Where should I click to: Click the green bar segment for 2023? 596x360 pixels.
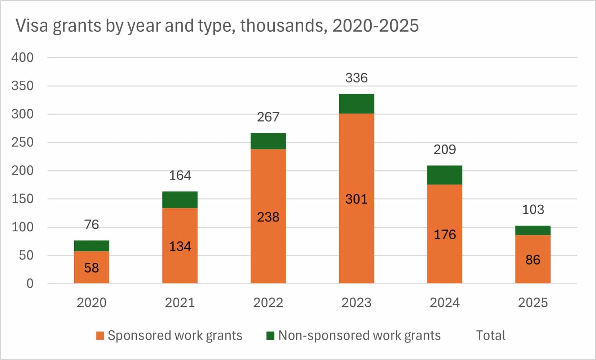pyautogui.click(x=356, y=104)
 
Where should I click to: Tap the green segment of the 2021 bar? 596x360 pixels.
pyautogui.click(x=180, y=200)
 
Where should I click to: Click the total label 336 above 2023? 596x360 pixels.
pyautogui.click(x=356, y=78)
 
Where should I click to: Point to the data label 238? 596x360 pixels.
pyautogui.click(x=268, y=217)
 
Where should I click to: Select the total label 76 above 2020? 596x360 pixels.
pyautogui.click(x=92, y=225)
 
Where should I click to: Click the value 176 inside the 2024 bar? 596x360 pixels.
pyautogui.click(x=445, y=235)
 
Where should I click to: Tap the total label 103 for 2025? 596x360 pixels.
pyautogui.click(x=533, y=209)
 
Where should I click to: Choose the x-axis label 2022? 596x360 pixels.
pyautogui.click(x=268, y=302)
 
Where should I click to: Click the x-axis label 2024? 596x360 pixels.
pyautogui.click(x=445, y=302)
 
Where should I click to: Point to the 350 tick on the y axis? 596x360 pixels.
pyautogui.click(x=22, y=86)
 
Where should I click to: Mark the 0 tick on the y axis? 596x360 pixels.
pyautogui.click(x=30, y=284)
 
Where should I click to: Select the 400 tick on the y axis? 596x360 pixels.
pyautogui.click(x=22, y=57)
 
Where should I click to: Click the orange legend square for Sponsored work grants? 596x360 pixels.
pyautogui.click(x=100, y=335)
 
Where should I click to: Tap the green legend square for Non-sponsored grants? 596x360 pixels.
pyautogui.click(x=270, y=335)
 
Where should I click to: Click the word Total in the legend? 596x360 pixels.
pyautogui.click(x=490, y=335)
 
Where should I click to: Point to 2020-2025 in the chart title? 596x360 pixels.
pyautogui.click(x=375, y=26)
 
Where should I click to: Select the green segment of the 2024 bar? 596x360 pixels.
pyautogui.click(x=445, y=175)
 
